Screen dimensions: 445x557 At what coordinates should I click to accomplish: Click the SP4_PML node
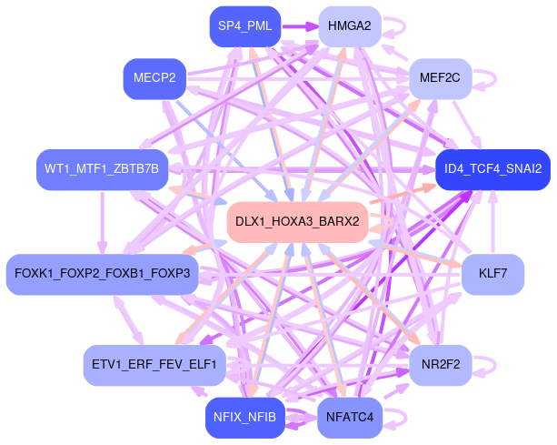coord(244,25)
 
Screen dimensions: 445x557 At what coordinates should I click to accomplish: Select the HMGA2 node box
coord(349,25)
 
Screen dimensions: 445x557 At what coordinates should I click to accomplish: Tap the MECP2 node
coord(154,78)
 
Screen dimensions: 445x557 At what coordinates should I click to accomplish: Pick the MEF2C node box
coord(440,78)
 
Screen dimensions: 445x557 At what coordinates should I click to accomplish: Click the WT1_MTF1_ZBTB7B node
coord(102,169)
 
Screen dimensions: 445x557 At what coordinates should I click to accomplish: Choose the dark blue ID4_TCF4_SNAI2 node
coord(492,169)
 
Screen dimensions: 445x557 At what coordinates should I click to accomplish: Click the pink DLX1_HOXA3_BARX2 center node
coord(296,222)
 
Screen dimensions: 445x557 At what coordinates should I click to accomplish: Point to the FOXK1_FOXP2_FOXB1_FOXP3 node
coord(102,274)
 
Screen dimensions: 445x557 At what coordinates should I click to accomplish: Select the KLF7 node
coord(492,274)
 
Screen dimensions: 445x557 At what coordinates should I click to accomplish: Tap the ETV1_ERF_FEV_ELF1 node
coord(154,366)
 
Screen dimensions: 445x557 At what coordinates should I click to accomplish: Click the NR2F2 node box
coord(440,366)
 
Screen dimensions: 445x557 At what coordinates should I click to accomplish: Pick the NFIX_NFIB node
coord(244,418)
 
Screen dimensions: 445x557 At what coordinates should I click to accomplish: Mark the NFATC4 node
coord(349,418)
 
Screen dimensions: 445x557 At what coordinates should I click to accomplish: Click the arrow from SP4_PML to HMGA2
coord(299,25)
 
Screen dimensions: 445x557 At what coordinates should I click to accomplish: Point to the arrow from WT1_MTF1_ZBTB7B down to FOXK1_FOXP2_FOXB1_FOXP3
coord(102,222)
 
